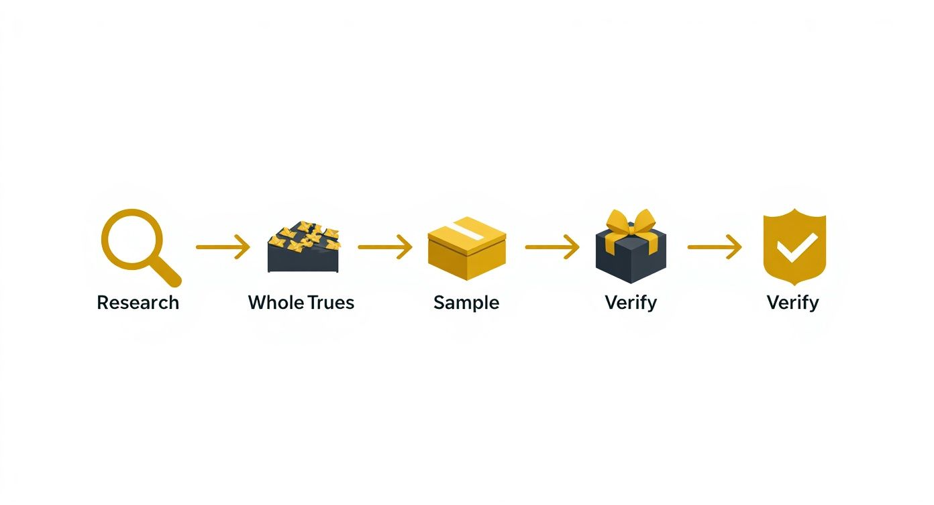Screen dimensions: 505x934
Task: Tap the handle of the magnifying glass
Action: click(168, 273)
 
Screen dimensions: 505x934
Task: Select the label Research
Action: click(138, 302)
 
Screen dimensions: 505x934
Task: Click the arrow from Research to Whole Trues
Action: click(222, 247)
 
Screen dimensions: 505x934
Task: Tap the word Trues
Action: click(329, 302)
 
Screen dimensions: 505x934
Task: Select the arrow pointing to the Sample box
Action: click(384, 247)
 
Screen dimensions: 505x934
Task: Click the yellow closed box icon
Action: click(466, 248)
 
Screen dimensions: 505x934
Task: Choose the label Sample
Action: click(466, 302)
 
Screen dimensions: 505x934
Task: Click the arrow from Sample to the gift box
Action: click(552, 247)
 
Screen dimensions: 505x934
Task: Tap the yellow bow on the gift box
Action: click(631, 222)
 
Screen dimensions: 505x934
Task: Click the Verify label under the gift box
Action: click(631, 302)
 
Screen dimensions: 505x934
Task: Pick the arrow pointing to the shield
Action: click(714, 247)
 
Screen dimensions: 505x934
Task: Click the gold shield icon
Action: click(794, 246)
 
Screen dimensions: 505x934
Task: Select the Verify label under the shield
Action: click(792, 302)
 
